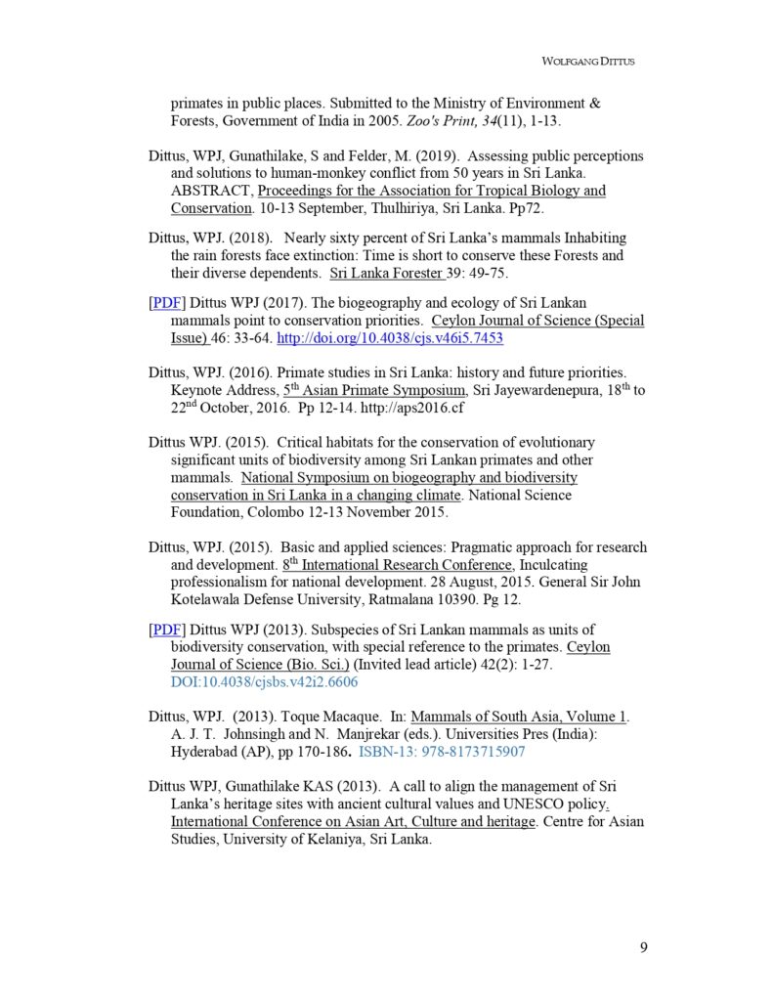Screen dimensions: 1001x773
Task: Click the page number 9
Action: pos(643,946)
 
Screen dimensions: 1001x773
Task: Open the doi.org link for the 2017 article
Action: pos(390,338)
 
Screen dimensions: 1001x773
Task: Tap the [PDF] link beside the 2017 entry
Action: pos(165,302)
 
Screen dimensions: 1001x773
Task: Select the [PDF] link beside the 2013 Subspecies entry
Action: pos(165,629)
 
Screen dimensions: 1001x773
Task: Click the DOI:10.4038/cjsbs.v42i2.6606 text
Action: pos(264,681)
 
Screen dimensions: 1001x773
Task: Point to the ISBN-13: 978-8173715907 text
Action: pos(442,752)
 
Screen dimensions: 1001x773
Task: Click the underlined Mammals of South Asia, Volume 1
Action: pos(519,717)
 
